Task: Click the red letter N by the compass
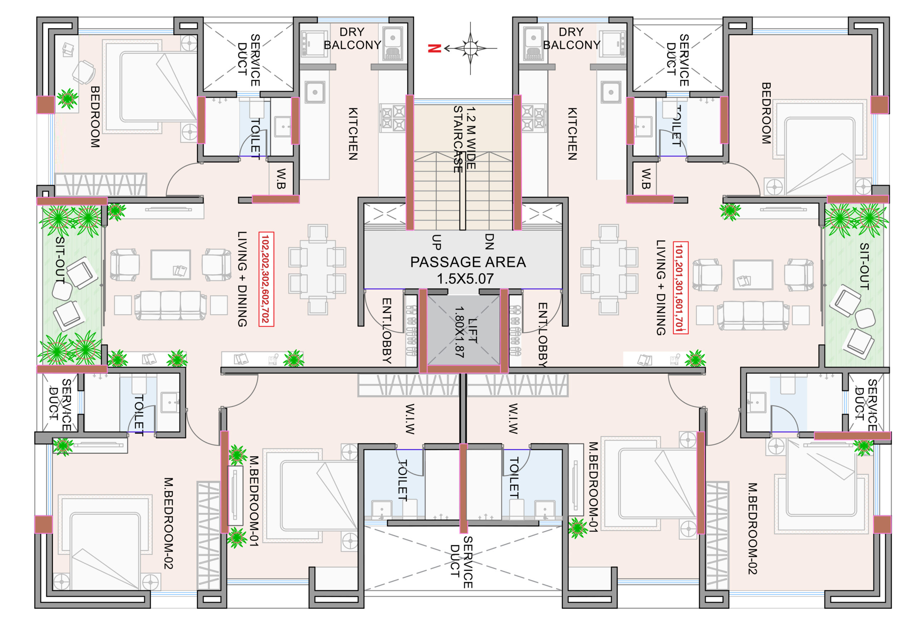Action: point(434,48)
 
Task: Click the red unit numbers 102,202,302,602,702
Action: point(266,279)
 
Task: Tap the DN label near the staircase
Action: point(489,241)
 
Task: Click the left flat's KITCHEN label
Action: point(353,133)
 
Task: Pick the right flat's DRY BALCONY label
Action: point(572,38)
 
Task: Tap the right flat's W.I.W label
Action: point(513,418)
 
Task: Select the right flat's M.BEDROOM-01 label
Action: point(593,487)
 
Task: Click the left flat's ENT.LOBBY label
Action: point(387,330)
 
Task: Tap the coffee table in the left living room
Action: point(170,265)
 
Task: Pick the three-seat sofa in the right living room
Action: point(753,315)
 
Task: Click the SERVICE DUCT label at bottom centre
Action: point(461,562)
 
